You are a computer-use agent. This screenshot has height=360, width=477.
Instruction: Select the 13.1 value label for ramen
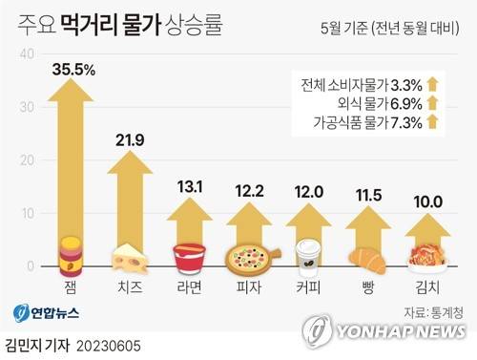click(190, 187)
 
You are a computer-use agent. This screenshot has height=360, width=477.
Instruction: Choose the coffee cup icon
click(308, 257)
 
